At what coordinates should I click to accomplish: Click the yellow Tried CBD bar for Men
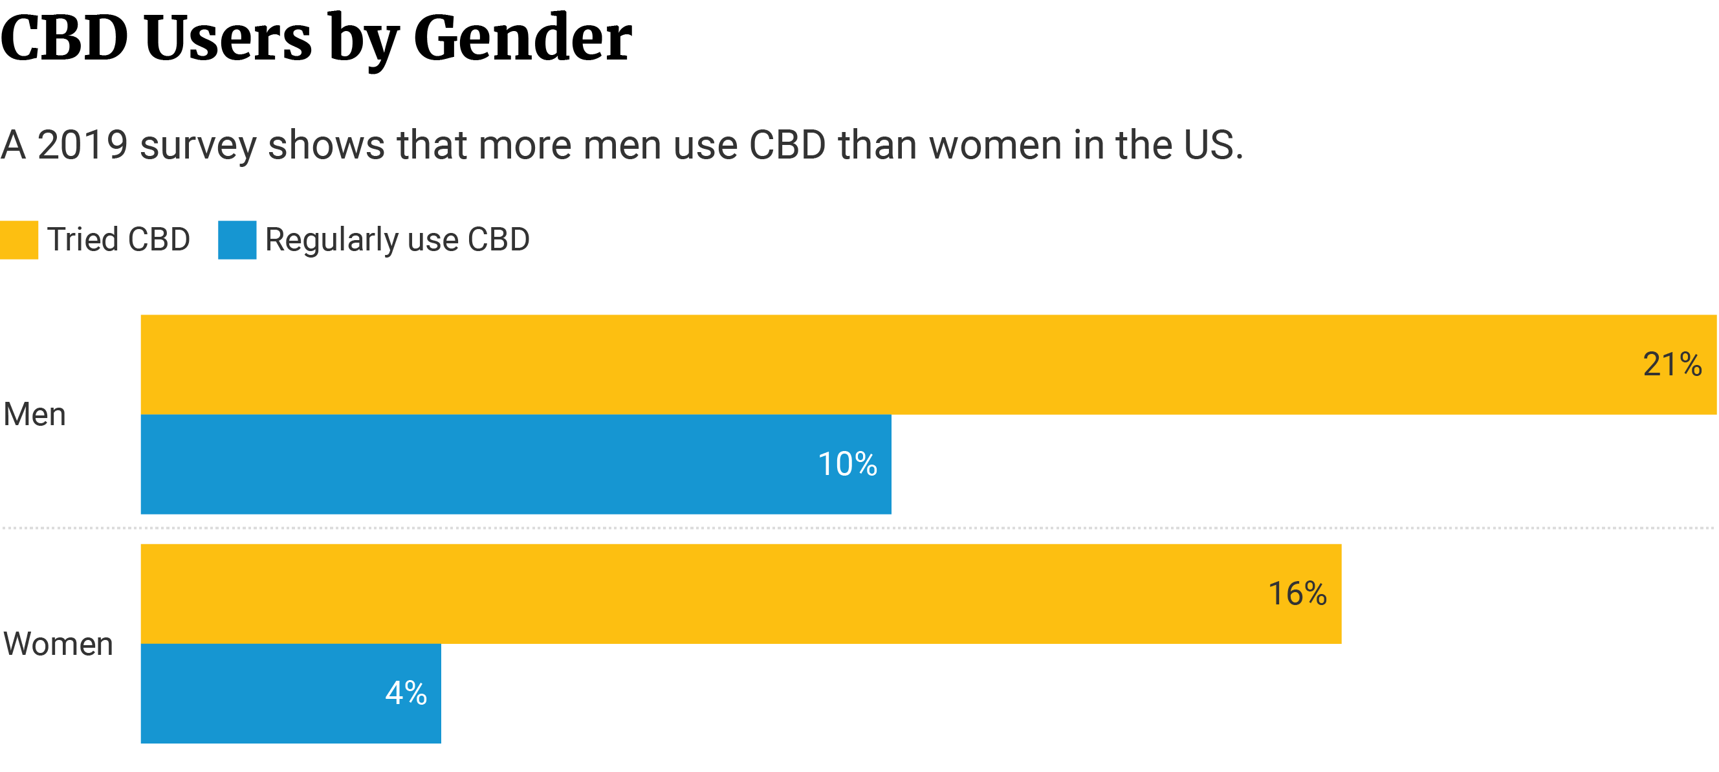tap(868, 364)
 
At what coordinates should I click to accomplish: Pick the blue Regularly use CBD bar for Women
tap(267, 693)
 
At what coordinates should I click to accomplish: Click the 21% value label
tap(1672, 364)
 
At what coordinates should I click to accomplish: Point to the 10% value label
tap(848, 465)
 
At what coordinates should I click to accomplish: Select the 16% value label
tap(1297, 593)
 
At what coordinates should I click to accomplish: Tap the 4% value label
tap(406, 693)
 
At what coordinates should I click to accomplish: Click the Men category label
tap(35, 414)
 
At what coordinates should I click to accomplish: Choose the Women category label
tap(58, 644)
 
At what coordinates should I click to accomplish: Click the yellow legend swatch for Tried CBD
tap(19, 239)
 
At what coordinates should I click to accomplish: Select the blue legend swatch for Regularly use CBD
tap(237, 239)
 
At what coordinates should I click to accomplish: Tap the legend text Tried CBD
tap(119, 239)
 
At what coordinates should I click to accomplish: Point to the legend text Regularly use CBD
tap(398, 239)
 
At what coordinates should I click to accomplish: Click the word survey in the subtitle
tap(197, 146)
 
